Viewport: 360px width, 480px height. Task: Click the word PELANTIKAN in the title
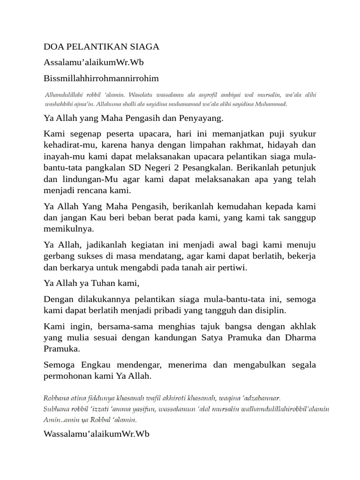coord(96,47)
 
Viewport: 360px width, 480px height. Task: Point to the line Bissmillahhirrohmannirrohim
coord(101,78)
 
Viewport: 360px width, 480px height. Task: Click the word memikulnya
coord(68,229)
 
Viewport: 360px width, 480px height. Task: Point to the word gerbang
coord(59,256)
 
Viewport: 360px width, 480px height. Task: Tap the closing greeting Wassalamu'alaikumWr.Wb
coord(96,435)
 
